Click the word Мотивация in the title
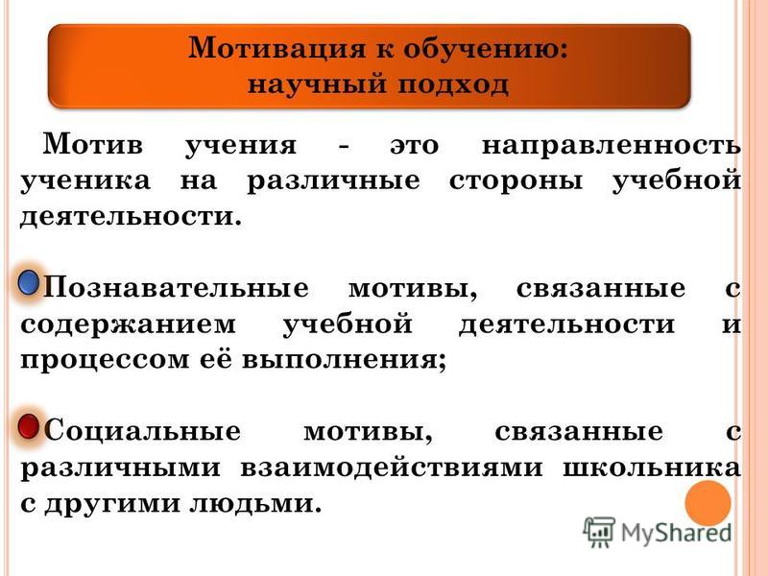(x=277, y=49)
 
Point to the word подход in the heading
(x=453, y=84)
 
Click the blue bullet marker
(x=29, y=283)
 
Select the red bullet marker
(x=29, y=426)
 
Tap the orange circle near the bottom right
(x=708, y=503)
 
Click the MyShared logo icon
(x=598, y=532)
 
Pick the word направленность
(x=612, y=146)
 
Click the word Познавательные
(x=177, y=288)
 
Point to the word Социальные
(x=142, y=431)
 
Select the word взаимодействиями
(x=392, y=468)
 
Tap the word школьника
(x=652, y=468)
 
